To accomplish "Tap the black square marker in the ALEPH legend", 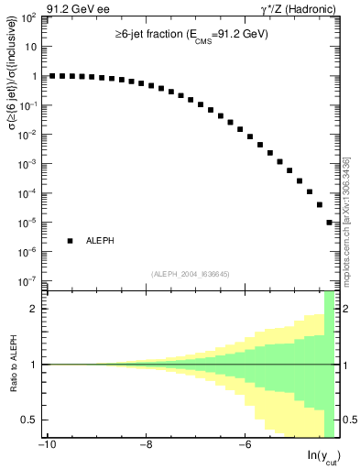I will [x=70, y=241].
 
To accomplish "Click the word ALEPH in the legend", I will [x=100, y=241].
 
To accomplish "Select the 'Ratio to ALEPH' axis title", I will [x=13, y=365].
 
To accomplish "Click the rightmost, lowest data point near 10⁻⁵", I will [x=329, y=223].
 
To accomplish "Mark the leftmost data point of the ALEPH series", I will [x=52, y=76].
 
